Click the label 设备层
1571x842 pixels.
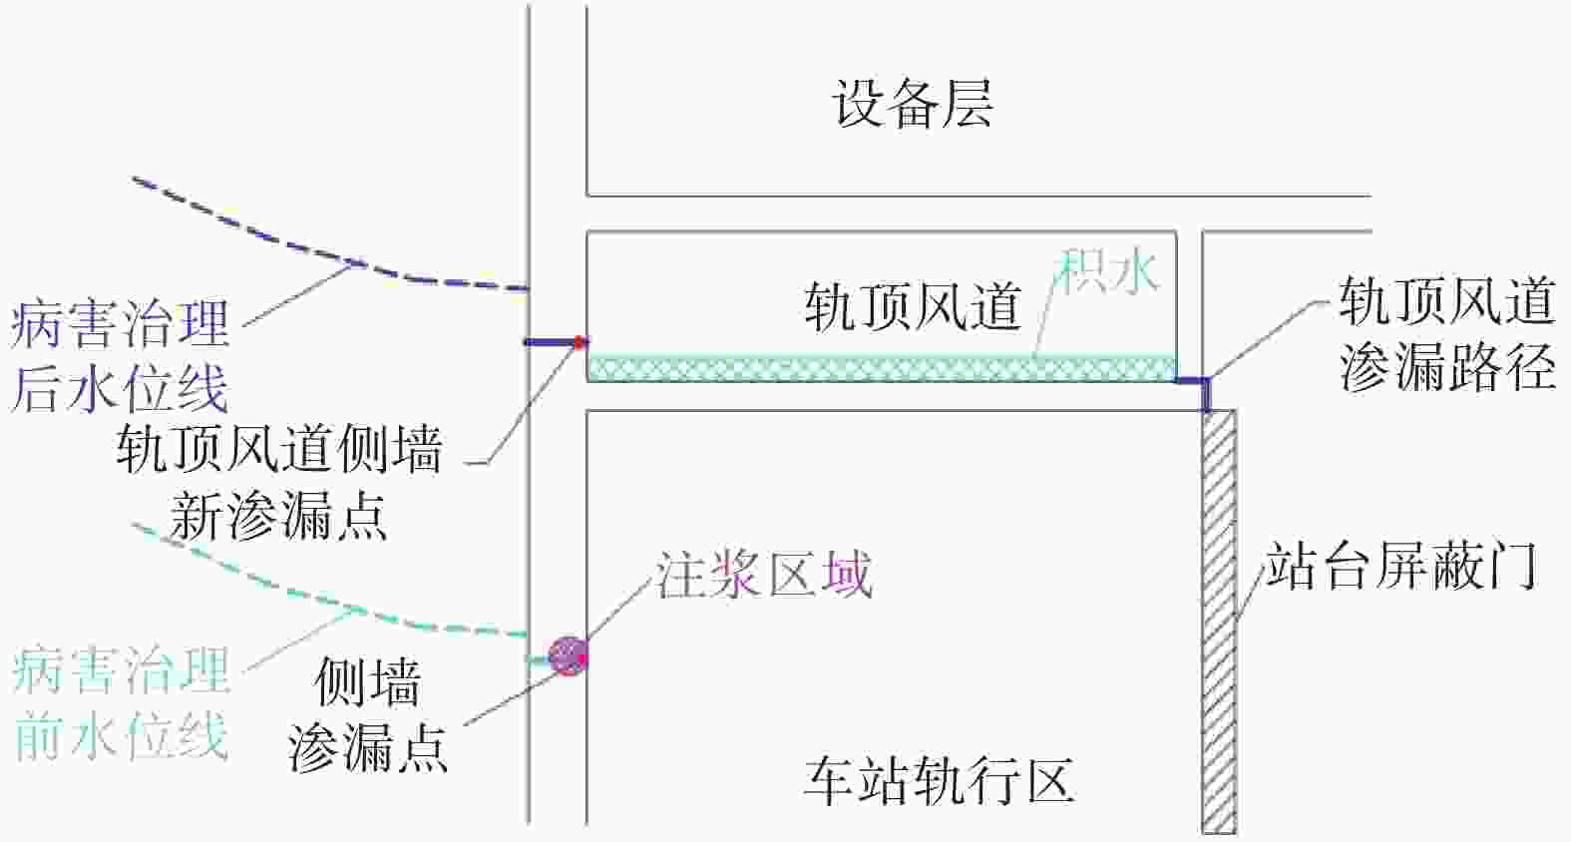coord(912,104)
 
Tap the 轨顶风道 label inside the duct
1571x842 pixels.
coord(912,306)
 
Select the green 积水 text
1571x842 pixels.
coord(1108,270)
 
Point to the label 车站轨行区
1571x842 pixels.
coord(940,780)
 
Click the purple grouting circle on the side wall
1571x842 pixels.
coord(568,656)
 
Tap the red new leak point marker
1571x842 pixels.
coord(581,342)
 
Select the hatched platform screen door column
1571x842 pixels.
coord(1219,622)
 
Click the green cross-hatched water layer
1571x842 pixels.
coord(882,369)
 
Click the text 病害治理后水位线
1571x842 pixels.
coord(120,356)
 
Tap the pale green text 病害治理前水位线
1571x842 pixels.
coord(121,703)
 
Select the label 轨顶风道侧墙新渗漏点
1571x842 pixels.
coord(279,483)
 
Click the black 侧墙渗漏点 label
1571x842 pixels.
coord(367,714)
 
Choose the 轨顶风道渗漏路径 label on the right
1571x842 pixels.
coord(1447,334)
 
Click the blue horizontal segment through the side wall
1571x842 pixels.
coord(553,342)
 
